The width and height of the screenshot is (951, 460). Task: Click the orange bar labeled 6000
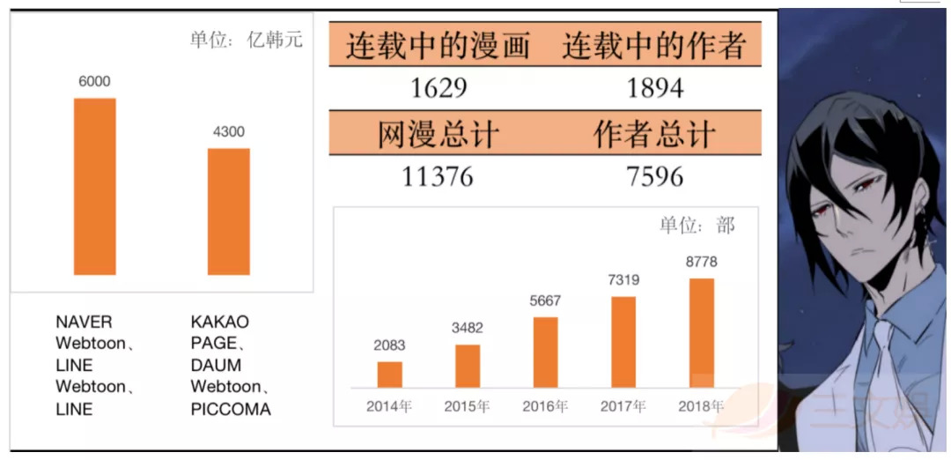pos(94,186)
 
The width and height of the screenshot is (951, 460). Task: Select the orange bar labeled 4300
pos(229,211)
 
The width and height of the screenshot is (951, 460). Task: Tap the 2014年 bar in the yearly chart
pos(389,375)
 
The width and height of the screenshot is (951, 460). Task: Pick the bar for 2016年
pos(545,352)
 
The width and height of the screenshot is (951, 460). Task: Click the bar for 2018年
pos(701,333)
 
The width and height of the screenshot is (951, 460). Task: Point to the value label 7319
pos(623,281)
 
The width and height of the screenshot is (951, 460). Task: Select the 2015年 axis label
pos(467,406)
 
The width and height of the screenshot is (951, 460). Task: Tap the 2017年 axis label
pos(623,406)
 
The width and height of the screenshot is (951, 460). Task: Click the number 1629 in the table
pos(438,88)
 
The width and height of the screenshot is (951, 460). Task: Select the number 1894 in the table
pos(654,88)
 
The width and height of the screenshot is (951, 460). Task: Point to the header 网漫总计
pos(438,135)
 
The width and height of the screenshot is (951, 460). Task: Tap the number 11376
pos(438,176)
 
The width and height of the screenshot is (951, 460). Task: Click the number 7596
pos(654,176)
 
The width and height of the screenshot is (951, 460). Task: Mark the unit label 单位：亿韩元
pos(246,40)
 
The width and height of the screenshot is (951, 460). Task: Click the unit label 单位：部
pos(697,226)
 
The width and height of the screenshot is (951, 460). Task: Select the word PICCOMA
pos(231,409)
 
